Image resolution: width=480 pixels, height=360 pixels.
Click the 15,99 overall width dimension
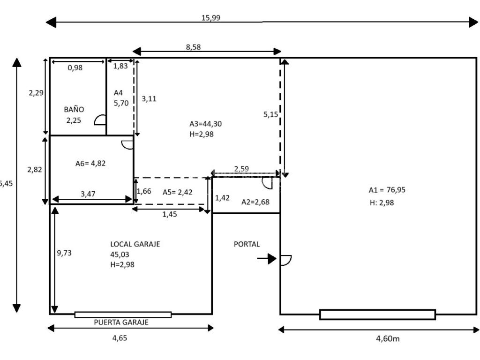(x=210, y=18)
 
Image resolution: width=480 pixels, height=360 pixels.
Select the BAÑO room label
(x=74, y=109)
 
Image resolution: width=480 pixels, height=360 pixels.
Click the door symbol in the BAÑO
(x=100, y=120)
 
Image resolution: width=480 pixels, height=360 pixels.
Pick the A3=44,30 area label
(x=205, y=124)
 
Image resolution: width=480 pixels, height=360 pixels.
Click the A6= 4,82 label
(x=90, y=164)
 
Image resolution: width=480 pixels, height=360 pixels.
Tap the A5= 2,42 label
(x=178, y=192)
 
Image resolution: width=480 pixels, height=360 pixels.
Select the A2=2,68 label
(x=256, y=202)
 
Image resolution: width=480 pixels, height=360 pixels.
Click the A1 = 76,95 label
(x=387, y=190)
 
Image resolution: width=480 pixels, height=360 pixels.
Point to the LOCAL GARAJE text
(x=135, y=244)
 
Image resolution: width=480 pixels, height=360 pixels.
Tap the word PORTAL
(x=247, y=244)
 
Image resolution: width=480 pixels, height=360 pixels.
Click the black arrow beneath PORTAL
(x=267, y=258)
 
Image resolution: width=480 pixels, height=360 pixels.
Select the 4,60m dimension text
(x=388, y=338)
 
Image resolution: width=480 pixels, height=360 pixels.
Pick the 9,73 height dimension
(x=64, y=253)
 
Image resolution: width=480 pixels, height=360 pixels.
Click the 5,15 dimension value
(x=270, y=114)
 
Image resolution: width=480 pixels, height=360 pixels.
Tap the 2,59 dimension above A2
(x=241, y=169)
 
